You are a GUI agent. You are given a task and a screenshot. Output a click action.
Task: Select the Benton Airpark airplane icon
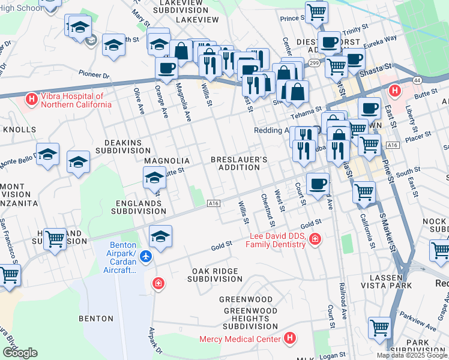[145, 257]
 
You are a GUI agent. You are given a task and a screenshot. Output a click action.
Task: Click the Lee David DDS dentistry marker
[315, 241]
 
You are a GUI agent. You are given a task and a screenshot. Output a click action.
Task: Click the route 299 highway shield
[314, 62]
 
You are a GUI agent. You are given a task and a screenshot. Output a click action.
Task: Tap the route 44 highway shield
[416, 80]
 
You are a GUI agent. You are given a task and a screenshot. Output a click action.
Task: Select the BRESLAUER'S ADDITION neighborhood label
[239, 163]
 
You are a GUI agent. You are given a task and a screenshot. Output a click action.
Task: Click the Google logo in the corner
[20, 353]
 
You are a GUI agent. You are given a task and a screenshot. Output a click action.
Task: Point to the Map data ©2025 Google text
[412, 355]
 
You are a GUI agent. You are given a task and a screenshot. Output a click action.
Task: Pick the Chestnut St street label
[268, 210]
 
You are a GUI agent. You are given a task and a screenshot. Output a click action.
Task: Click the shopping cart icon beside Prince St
[316, 11]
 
